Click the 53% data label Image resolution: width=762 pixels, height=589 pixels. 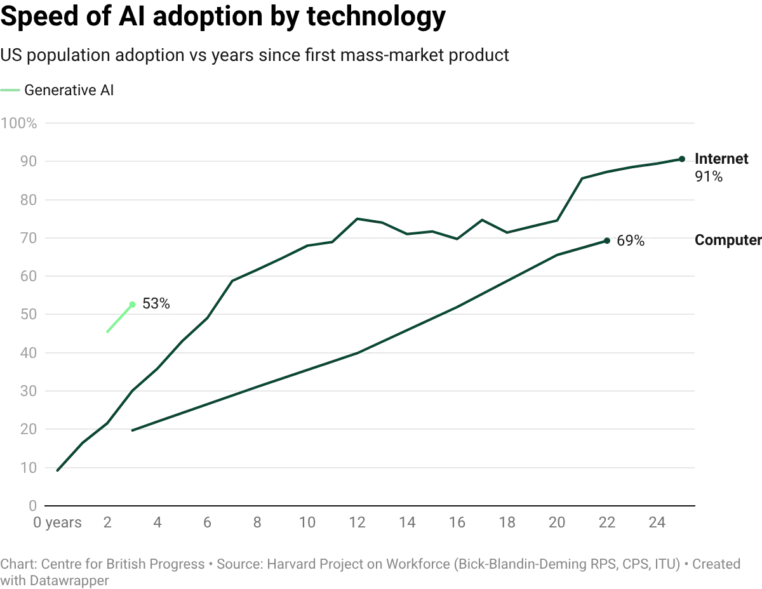156,304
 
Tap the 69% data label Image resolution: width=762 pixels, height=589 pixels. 630,241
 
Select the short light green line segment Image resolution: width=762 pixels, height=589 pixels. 119,317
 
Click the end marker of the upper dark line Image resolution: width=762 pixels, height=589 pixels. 681,158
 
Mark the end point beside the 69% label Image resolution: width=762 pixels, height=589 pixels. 609,241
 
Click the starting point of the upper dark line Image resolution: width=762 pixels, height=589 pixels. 58,470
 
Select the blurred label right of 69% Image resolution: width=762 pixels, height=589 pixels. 727,241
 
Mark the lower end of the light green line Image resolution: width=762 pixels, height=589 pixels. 105,332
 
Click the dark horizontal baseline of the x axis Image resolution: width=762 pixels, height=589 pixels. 368,506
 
